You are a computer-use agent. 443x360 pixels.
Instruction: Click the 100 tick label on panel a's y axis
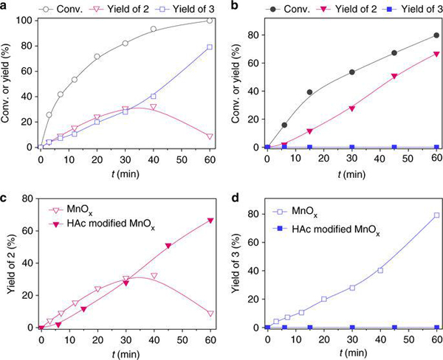pos(27,20)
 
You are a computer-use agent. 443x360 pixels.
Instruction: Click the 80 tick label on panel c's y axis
pos(30,199)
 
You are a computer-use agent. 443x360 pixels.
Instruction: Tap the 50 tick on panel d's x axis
pos(408,339)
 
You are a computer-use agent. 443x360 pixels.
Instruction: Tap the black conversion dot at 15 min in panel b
pos(309,92)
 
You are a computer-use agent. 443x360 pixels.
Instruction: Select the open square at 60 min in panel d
pos(437,215)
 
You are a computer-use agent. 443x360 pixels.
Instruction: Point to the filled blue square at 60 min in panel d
pos(437,327)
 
